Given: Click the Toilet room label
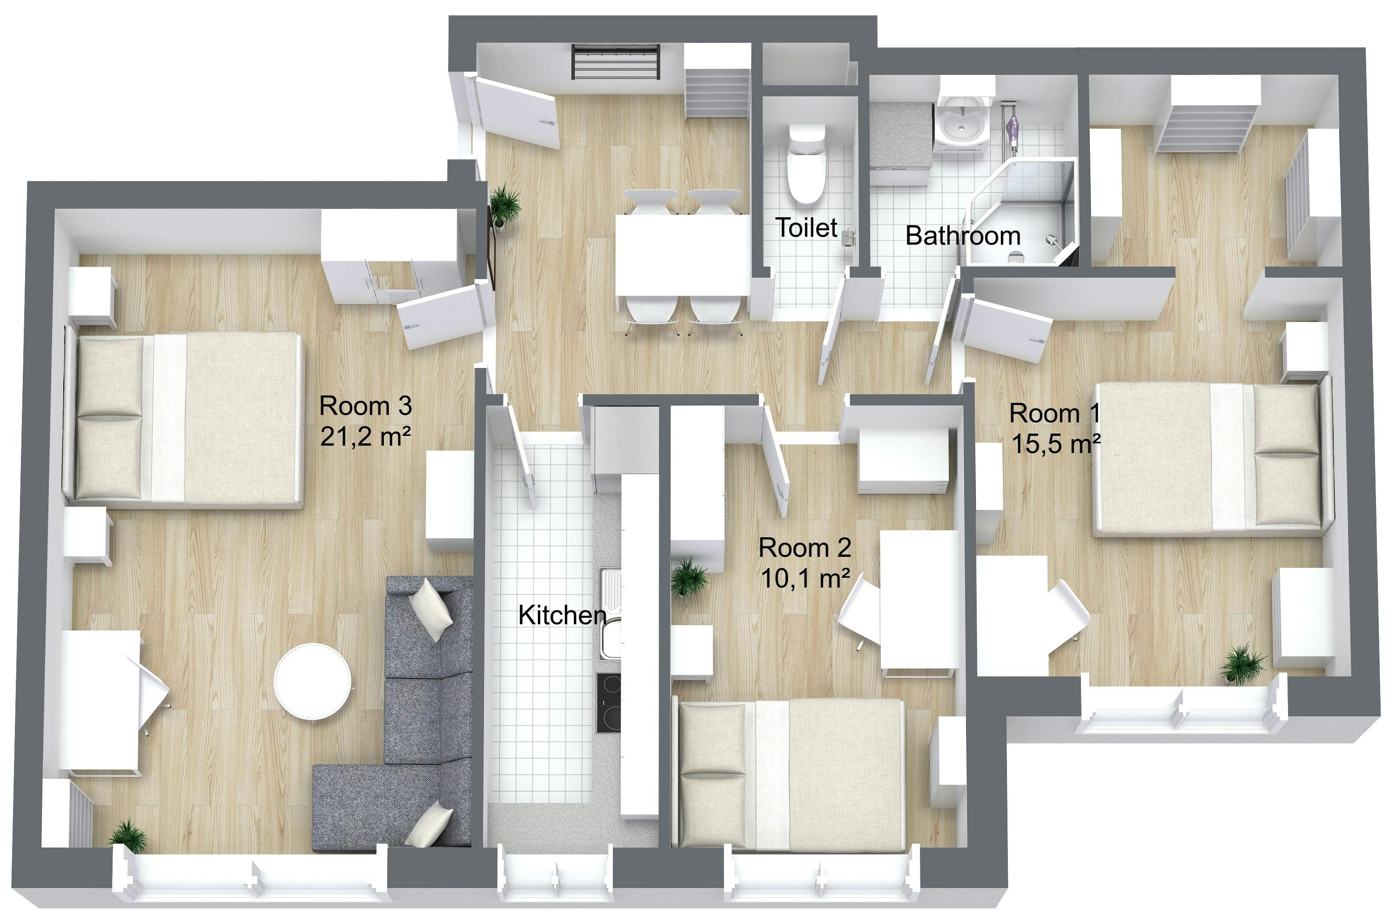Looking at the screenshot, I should [806, 228].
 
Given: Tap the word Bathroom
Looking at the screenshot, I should [963, 236].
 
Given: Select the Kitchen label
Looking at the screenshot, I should [562, 615].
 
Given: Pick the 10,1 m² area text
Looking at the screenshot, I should [805, 579].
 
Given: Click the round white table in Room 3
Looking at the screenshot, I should [313, 682].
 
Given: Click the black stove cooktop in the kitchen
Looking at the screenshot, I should [609, 703].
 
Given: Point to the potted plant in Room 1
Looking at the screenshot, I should [1242, 663].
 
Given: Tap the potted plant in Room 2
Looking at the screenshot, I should [689, 577].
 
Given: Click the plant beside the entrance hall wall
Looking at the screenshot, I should [504, 203].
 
